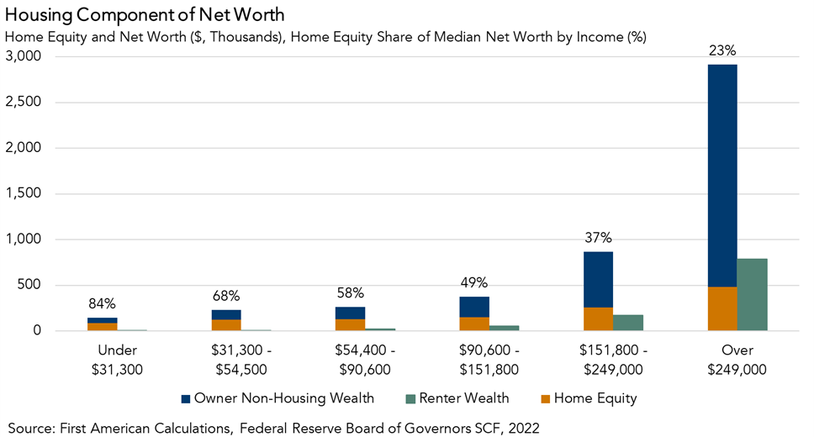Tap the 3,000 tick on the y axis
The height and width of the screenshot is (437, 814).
[26, 57]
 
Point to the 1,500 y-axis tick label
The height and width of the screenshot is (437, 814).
[26, 194]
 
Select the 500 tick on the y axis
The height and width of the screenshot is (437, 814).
[33, 286]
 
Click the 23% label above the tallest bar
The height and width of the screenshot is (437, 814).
[722, 50]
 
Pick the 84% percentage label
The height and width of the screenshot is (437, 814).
[103, 303]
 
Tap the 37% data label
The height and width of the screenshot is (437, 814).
[599, 238]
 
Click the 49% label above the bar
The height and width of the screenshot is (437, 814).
[474, 282]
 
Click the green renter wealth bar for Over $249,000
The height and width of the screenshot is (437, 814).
[753, 294]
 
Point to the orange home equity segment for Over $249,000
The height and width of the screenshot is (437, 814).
[722, 308]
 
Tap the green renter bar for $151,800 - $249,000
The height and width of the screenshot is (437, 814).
[628, 323]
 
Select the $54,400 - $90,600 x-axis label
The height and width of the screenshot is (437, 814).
[351, 360]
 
